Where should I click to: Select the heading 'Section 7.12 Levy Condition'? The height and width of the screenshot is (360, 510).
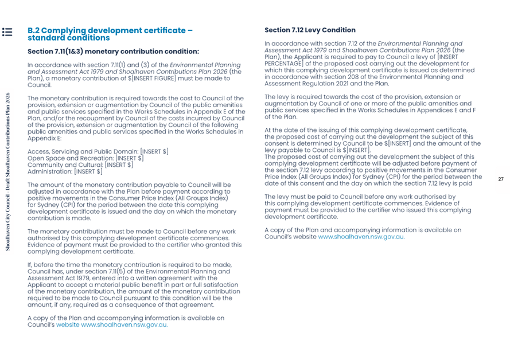(x=310, y=30)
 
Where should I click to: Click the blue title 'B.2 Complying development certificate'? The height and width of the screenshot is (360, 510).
(x=110, y=30)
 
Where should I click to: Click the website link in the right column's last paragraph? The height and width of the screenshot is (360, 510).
(x=361, y=236)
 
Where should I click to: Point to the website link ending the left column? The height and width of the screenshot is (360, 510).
(x=124, y=324)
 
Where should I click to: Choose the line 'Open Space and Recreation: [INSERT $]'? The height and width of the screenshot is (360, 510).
(x=85, y=158)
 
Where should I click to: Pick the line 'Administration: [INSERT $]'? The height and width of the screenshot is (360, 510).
(x=65, y=171)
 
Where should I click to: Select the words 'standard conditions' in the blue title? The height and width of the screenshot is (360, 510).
(x=68, y=38)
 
